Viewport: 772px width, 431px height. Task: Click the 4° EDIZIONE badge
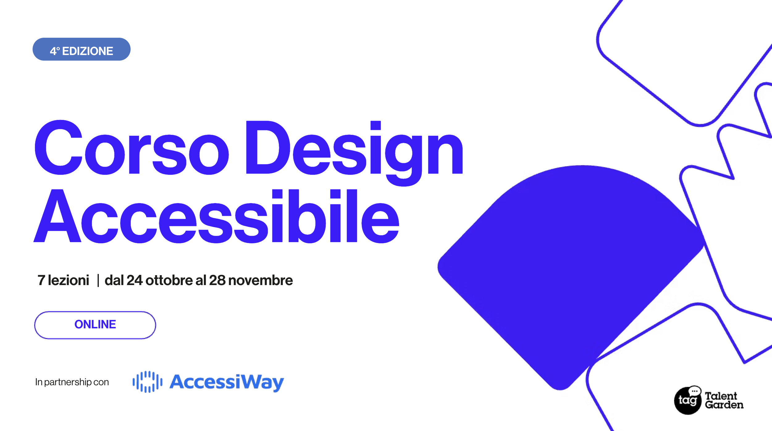pos(82,49)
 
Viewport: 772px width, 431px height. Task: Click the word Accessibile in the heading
pos(216,216)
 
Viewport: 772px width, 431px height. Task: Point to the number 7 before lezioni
pos(41,280)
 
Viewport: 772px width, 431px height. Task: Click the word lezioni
pos(69,280)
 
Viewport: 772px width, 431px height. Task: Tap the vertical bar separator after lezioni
pos(98,280)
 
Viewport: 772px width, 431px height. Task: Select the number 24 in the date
pos(134,280)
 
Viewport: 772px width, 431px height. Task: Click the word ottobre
pos(169,280)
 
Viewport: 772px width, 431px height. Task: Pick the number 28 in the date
pos(217,280)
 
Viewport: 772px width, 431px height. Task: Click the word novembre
pos(261,280)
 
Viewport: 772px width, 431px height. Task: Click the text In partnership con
pos(72,382)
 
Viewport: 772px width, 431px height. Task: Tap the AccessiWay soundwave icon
pos(147,382)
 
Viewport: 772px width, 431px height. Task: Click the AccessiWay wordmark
pos(227,383)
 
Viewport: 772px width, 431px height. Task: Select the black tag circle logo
pos(687,401)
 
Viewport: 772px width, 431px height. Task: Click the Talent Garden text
pos(724,400)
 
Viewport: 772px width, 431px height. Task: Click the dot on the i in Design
pos(376,125)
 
